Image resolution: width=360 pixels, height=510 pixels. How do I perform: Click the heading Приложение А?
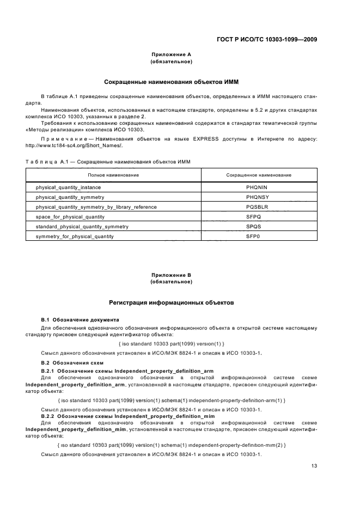tap(171, 54)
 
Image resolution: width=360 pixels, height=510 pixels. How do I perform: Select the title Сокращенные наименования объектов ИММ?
tap(171, 82)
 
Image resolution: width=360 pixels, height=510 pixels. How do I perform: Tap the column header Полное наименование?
tap(113, 175)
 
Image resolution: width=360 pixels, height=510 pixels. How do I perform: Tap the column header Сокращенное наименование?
tap(258, 175)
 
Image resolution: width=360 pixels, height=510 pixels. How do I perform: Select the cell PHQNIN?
tap(257, 187)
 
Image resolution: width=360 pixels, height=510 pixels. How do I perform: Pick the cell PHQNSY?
tap(257, 197)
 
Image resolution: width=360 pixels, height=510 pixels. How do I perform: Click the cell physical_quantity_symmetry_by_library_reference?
tap(96, 207)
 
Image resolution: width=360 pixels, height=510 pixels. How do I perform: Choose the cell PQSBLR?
tap(257, 207)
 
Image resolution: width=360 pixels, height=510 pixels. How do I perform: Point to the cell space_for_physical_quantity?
tap(70, 217)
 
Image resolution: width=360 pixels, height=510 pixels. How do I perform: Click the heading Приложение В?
tap(171, 275)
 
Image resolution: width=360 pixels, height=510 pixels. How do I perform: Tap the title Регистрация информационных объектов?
tap(171, 302)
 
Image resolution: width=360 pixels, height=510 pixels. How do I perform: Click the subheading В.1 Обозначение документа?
tap(81, 319)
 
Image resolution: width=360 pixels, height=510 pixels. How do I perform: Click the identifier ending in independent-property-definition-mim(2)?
tap(171, 445)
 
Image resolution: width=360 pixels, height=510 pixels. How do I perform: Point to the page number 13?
tap(314, 465)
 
